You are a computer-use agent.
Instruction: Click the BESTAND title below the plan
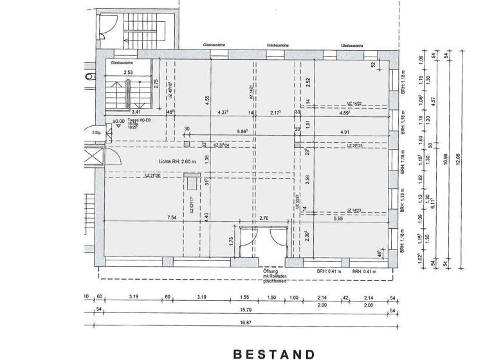(274, 354)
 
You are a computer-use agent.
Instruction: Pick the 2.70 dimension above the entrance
(264, 218)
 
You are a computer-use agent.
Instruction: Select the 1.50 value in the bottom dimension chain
(271, 298)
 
